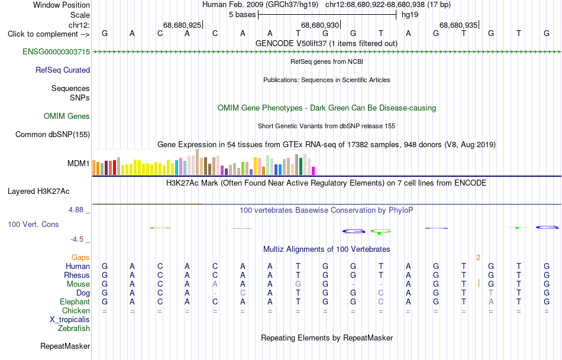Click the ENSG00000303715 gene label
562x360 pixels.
pos(56,52)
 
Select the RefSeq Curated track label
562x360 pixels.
pos(63,70)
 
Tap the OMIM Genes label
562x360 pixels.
pos(67,116)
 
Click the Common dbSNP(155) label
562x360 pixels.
pos(53,135)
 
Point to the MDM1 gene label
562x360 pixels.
pos(79,164)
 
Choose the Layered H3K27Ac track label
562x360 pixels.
pos(38,192)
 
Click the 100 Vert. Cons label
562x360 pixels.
pos(33,225)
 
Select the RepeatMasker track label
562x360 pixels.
pos(65,346)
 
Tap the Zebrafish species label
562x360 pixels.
pos(74,329)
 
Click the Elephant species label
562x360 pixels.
pos(75,302)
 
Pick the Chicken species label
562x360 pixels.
pos(76,311)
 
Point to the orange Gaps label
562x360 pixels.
pos(80,258)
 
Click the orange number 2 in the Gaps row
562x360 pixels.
pos(478,258)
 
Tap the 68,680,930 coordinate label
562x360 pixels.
pos(319,25)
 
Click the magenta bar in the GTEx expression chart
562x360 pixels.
pos(314,171)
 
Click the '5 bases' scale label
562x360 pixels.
pos(243,15)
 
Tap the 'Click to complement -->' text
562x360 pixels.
pos(49,34)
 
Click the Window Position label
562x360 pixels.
pos(62,5)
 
